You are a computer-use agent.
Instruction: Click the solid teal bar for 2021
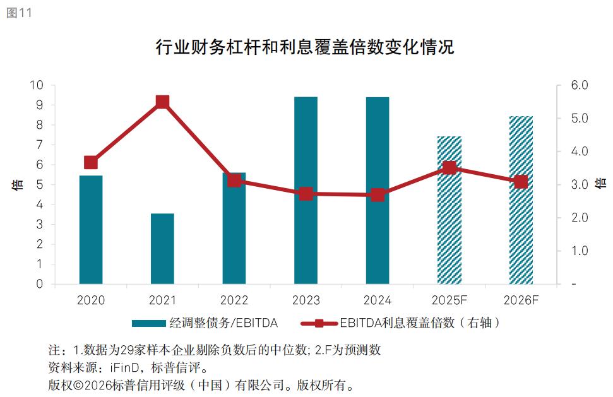[x=162, y=249]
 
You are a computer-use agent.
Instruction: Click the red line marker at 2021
[x=162, y=102]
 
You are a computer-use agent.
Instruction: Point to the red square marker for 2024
[x=378, y=195]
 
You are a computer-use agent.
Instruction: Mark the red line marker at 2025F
[x=449, y=167]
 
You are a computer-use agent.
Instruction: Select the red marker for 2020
[x=91, y=162]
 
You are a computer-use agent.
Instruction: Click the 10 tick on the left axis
[x=38, y=85]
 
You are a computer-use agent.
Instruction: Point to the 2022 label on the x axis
[x=234, y=300]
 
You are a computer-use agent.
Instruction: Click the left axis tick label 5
[x=40, y=184]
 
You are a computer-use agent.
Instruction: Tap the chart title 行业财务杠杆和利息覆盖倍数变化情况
[x=305, y=47]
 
